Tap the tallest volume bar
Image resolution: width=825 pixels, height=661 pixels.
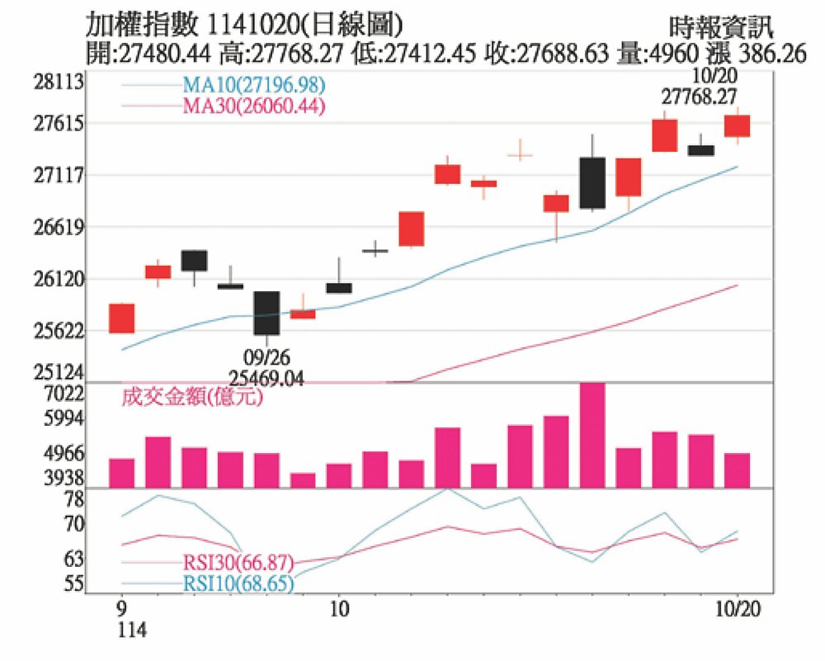coord(592,435)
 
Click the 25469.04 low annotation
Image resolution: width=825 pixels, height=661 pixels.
coord(266,379)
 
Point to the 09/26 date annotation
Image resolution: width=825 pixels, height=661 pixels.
coord(266,359)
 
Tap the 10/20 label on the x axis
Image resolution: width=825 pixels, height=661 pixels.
coord(736,608)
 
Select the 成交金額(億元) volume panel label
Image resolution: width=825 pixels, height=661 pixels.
coord(191,398)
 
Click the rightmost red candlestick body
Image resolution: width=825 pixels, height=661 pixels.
coord(737,125)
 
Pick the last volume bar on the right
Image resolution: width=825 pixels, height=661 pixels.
coord(737,470)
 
